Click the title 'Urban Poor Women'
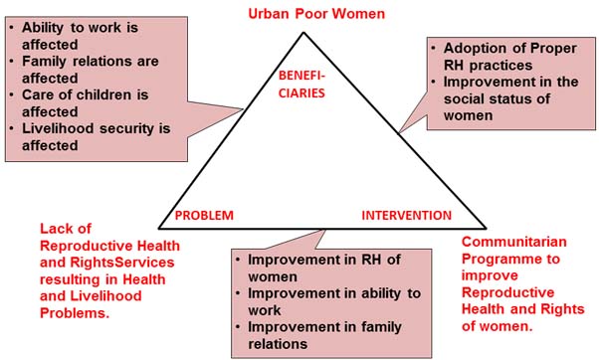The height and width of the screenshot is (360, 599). pyautogui.click(x=316, y=14)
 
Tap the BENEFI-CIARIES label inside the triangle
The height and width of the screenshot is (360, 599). pyautogui.click(x=301, y=85)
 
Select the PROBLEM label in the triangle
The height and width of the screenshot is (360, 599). pyautogui.click(x=204, y=216)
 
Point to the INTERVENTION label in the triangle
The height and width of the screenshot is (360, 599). pyautogui.click(x=406, y=216)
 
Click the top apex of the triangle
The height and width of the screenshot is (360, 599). pyautogui.click(x=303, y=33)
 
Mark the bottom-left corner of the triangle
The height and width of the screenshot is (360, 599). pyautogui.click(x=159, y=229)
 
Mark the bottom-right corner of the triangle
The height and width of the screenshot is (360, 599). pyautogui.click(x=486, y=229)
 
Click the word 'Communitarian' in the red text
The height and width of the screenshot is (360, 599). pyautogui.click(x=513, y=242)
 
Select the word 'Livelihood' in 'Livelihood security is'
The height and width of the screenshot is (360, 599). pyautogui.click(x=59, y=128)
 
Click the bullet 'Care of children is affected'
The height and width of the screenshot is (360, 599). pyautogui.click(x=80, y=103)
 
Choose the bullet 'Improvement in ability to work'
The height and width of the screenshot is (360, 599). pyautogui.click(x=328, y=301)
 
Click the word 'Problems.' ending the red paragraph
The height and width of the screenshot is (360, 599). pyautogui.click(x=75, y=313)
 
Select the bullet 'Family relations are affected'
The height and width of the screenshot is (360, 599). pyautogui.click(x=84, y=70)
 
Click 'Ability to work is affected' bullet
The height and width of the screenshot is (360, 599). pyautogui.click(x=74, y=36)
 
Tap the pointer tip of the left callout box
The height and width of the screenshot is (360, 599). pyautogui.click(x=243, y=109)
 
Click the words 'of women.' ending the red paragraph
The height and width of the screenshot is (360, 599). pyautogui.click(x=497, y=326)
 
